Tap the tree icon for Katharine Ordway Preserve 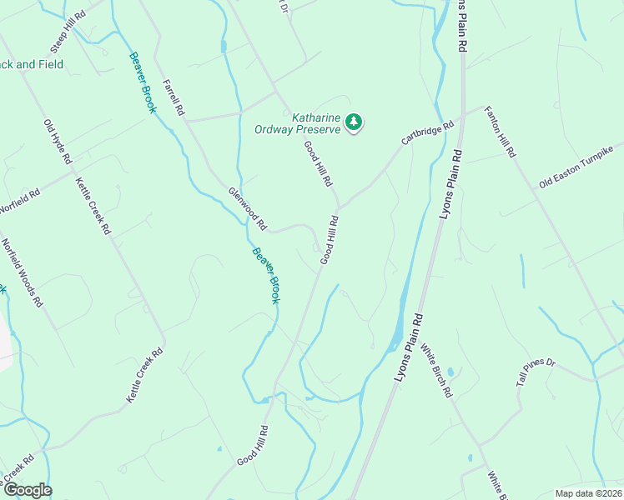(x=355, y=122)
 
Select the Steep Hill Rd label (x=68, y=31)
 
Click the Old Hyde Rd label (x=58, y=141)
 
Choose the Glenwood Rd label (x=248, y=207)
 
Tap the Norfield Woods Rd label (x=22, y=273)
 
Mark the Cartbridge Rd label (x=427, y=132)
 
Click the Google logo (x=27, y=490)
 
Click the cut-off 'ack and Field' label (x=32, y=64)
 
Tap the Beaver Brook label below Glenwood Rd (x=267, y=276)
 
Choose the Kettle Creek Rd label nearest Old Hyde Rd (x=93, y=206)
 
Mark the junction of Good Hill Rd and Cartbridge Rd (x=339, y=207)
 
